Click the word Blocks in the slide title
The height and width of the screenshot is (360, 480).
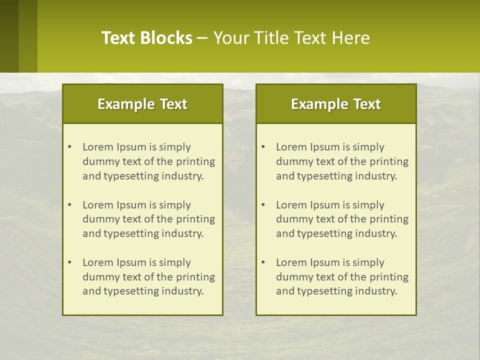pyautogui.click(x=167, y=38)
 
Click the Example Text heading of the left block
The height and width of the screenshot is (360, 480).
pyautogui.click(x=142, y=104)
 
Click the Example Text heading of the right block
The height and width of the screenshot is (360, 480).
pyautogui.click(x=336, y=104)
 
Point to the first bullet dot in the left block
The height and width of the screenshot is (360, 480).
pyautogui.click(x=70, y=147)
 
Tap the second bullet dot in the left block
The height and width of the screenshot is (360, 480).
pyautogui.click(x=70, y=205)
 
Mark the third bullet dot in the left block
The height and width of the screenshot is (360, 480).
pyautogui.click(x=70, y=262)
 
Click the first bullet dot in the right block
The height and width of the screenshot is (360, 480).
pyautogui.click(x=263, y=147)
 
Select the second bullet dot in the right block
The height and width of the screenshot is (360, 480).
pyautogui.click(x=263, y=205)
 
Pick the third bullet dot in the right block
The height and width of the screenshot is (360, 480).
pyautogui.click(x=263, y=262)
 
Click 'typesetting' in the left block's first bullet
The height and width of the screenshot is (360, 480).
pyautogui.click(x=131, y=176)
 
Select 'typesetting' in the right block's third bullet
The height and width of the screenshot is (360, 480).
pyautogui.click(x=325, y=291)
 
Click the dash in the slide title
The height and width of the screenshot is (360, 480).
pyautogui.click(x=202, y=38)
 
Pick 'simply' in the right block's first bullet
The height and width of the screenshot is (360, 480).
pyautogui.click(x=368, y=147)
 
